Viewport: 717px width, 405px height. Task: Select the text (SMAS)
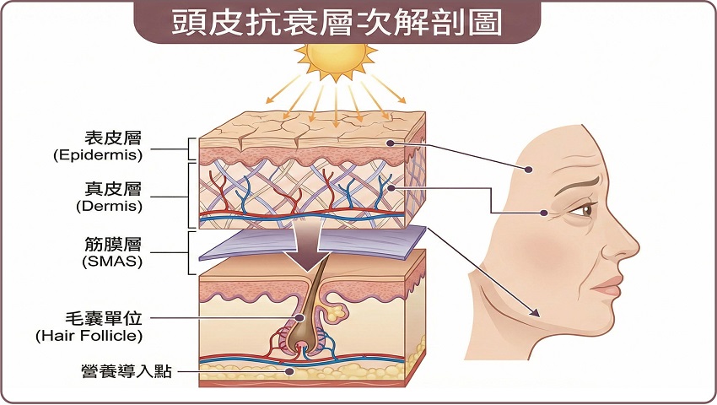[x=109, y=261]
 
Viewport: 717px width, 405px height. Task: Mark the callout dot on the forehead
[x=530, y=170]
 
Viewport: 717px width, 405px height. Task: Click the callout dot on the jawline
[x=535, y=314]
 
